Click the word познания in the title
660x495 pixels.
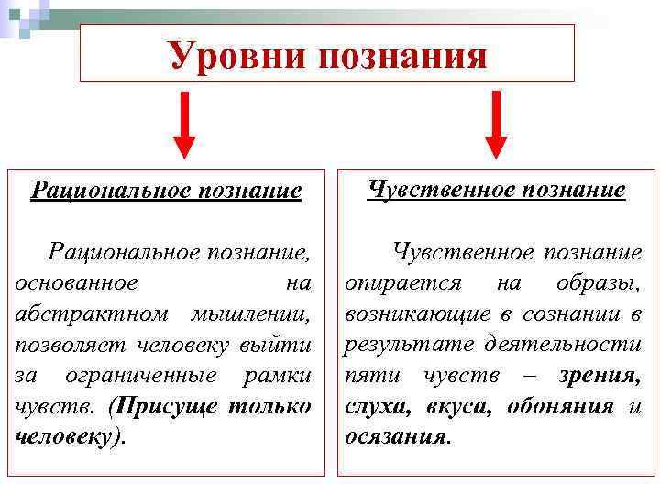pos(403,56)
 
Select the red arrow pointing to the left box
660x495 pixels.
pos(184,125)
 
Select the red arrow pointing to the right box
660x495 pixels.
pos(496,125)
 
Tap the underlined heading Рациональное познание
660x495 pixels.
pos(166,191)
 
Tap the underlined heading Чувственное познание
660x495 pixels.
pos(496,190)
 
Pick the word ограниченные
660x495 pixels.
pos(141,376)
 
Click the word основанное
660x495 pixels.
pos(76,282)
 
